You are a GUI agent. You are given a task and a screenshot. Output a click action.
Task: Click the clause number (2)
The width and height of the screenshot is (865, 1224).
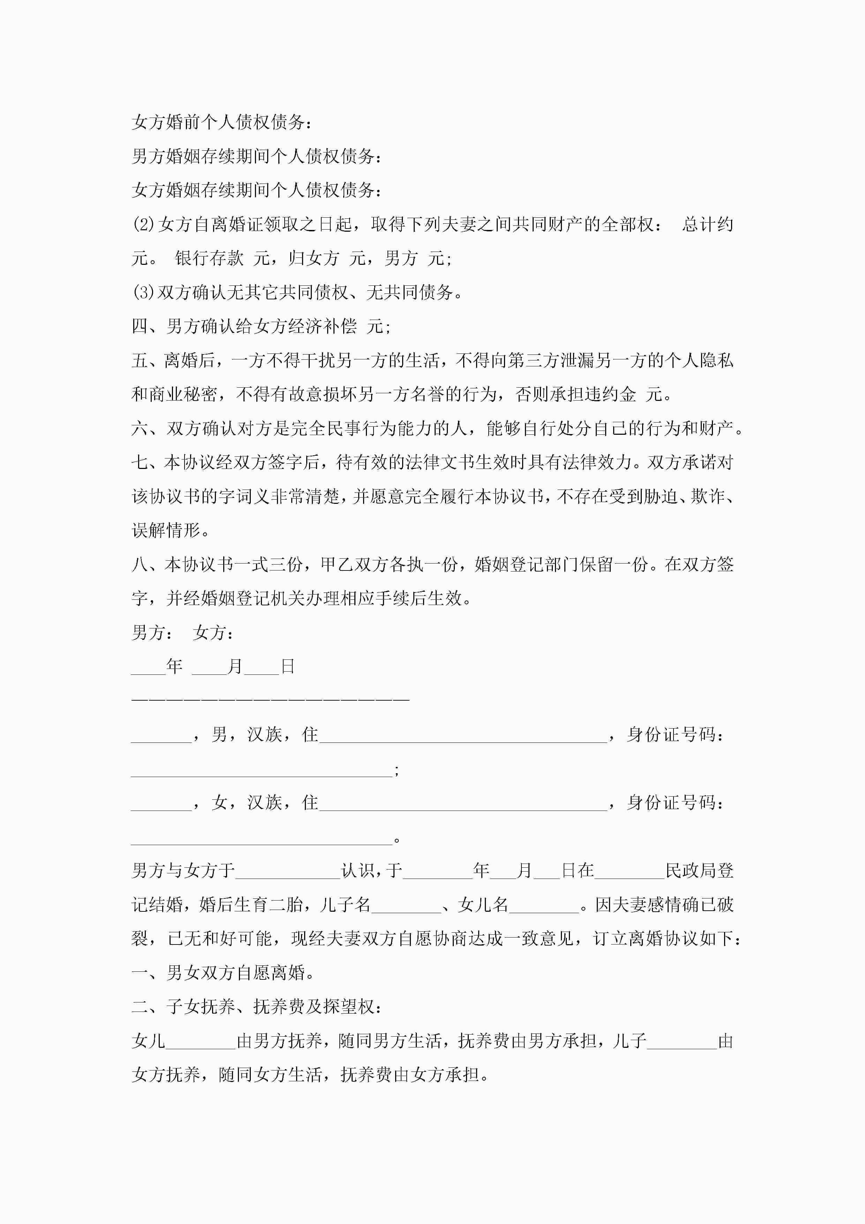(x=143, y=224)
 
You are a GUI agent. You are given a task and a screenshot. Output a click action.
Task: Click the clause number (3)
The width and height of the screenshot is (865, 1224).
(x=143, y=292)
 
